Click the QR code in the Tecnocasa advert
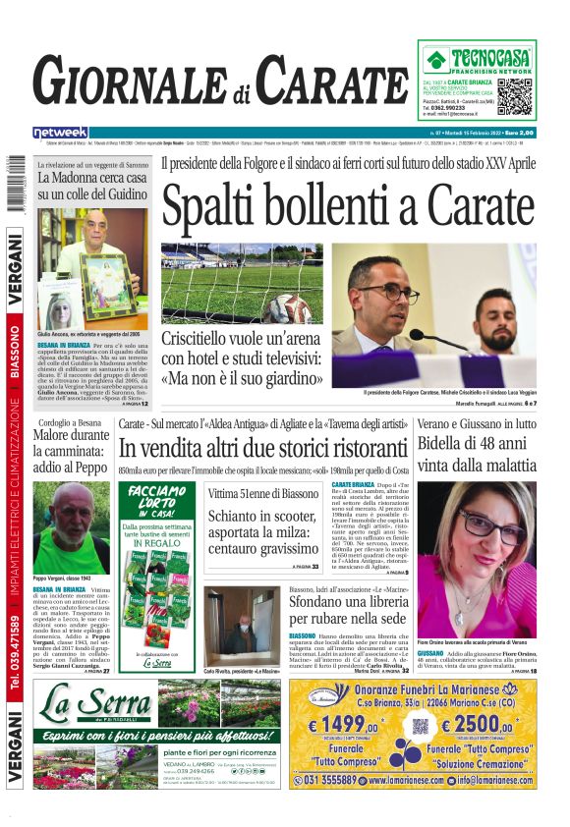tap(514, 97)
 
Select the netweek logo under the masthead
tap(60, 132)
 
